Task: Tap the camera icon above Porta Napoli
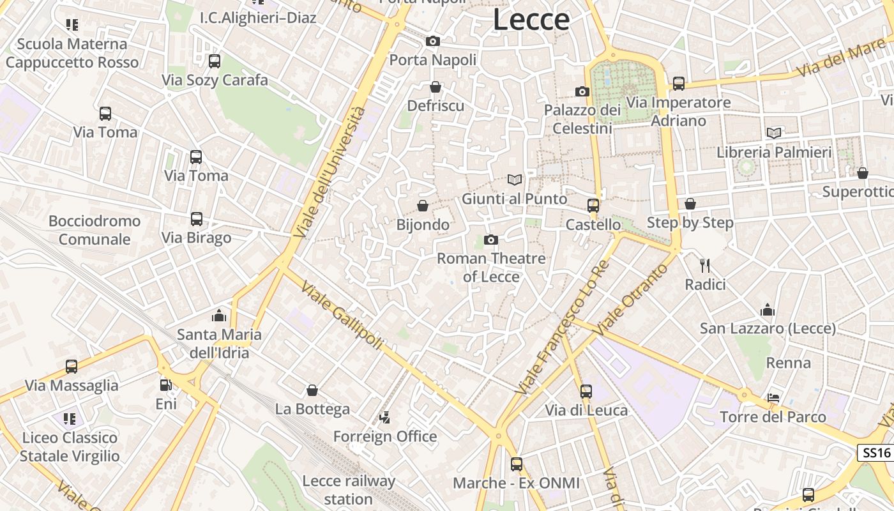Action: tap(433, 42)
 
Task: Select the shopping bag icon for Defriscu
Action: tap(436, 87)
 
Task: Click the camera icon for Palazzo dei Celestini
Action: tap(582, 92)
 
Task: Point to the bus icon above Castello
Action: tap(593, 206)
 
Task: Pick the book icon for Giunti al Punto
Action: tap(514, 180)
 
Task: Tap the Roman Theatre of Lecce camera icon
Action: tap(490, 240)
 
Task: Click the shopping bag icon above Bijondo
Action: tap(422, 206)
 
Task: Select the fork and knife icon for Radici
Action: tap(705, 265)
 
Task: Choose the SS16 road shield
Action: tap(876, 453)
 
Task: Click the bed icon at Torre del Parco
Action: tap(773, 398)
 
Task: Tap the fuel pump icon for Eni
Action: tap(165, 385)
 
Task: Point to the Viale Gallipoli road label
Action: tap(342, 315)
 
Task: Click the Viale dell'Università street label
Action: tap(331, 172)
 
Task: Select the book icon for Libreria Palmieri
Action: tap(774, 133)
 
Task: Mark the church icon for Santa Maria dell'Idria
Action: tap(219, 316)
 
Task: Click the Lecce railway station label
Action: tap(349, 490)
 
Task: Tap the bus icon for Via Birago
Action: tap(197, 219)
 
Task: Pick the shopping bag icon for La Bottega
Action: tap(312, 390)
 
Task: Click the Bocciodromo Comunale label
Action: tap(95, 230)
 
